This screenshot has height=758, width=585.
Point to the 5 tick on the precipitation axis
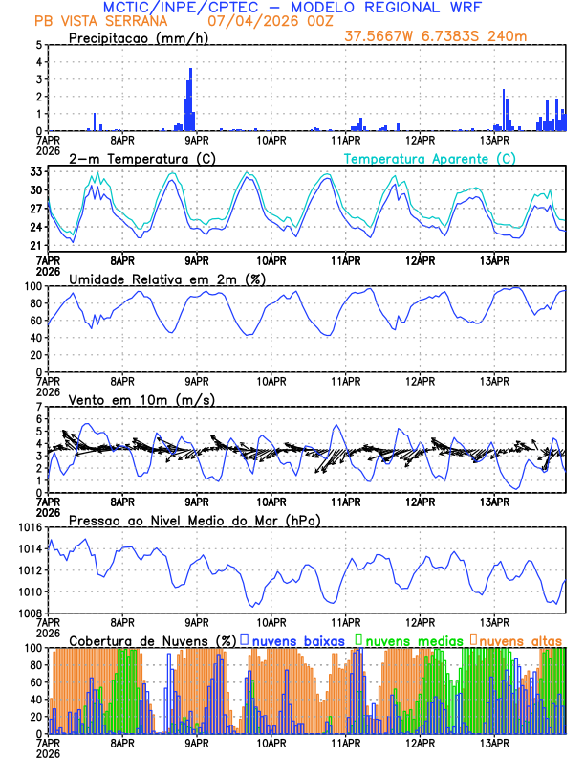coord(38,45)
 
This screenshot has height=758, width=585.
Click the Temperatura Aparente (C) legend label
coord(430,158)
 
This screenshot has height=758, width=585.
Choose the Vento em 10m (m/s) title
coord(141,399)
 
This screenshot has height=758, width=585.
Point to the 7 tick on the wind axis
coord(38,407)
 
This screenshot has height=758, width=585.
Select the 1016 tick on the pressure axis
coord(29,527)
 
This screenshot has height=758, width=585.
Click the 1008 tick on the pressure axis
coord(29,613)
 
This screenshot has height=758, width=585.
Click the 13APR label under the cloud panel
coord(494,741)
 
